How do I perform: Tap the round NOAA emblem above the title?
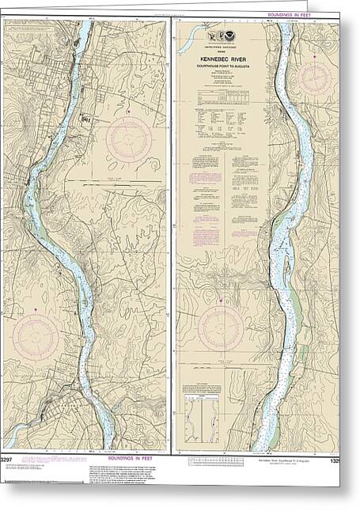pyautogui.click(x=222, y=36)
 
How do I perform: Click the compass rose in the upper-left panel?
pyautogui.click(x=129, y=139)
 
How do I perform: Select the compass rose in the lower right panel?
pyautogui.click(x=221, y=329)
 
